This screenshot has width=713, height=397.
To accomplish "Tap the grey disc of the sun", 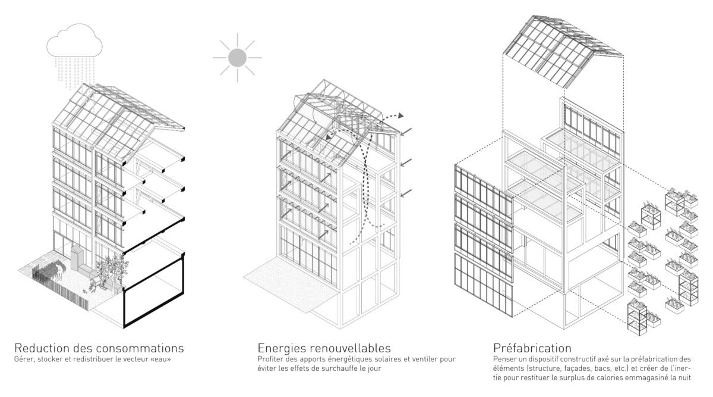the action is click(237, 58).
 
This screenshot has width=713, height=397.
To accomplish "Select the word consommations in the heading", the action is click(140, 348).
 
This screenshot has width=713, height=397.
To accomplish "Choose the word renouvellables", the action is click(349, 348).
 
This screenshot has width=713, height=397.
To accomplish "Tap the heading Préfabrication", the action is click(532, 348).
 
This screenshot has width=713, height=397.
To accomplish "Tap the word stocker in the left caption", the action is click(50, 359).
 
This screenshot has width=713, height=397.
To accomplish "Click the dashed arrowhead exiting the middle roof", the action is click(400, 115).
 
